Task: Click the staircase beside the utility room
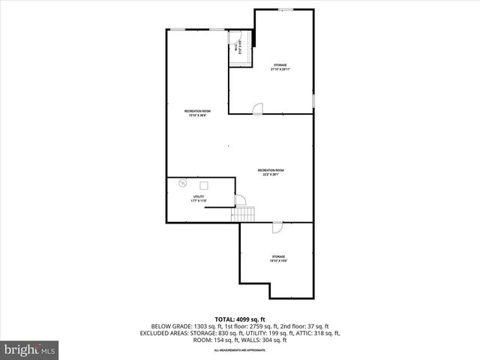243,214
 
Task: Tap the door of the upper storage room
257,109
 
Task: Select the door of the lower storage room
276,227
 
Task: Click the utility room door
240,200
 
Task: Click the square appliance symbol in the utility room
203,184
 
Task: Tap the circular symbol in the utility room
181,181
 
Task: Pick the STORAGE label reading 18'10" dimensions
278,259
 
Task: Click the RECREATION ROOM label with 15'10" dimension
197,113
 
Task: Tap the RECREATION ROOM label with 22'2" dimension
270,172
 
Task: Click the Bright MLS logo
30,349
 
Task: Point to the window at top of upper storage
286,10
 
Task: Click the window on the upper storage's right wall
313,100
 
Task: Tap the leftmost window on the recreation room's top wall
177,29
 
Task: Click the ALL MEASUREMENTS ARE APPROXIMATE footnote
240,350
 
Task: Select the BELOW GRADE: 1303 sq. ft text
180,327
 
